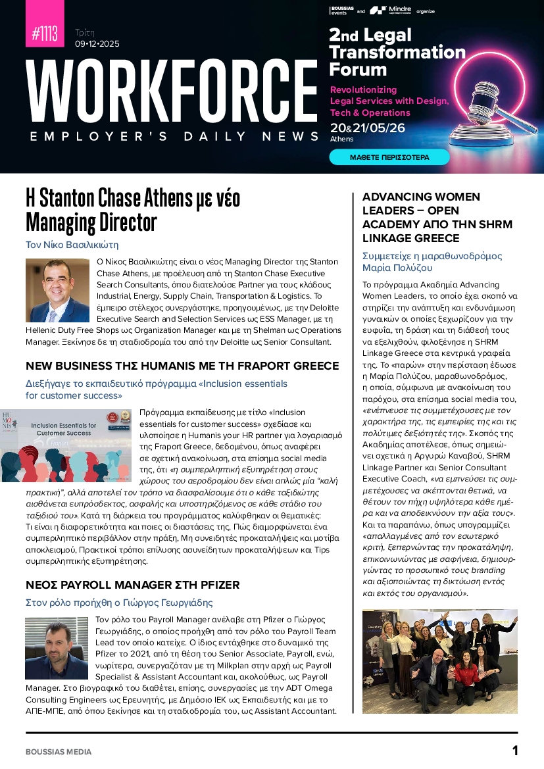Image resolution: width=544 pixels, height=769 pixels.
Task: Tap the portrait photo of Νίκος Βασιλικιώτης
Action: coord(57,290)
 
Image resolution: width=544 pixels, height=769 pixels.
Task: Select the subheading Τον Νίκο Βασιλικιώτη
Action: coord(72,245)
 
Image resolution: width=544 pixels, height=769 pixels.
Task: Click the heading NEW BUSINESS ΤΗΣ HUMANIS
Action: coord(182,366)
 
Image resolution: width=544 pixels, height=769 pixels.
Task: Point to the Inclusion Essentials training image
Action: coord(66,445)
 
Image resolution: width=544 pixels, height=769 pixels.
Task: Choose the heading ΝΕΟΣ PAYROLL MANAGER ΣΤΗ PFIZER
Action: coord(132,585)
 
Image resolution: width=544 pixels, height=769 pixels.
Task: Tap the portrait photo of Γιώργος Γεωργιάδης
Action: coord(57,648)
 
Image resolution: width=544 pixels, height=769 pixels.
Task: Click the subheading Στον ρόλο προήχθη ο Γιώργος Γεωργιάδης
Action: coord(119,602)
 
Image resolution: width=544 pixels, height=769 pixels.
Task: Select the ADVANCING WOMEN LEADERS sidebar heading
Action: coord(422,217)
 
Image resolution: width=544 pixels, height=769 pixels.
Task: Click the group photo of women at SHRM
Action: coord(439,661)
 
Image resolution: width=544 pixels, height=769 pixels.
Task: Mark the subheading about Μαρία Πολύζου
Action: coord(432,262)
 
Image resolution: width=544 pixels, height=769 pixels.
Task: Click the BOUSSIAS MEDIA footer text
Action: coord(59,751)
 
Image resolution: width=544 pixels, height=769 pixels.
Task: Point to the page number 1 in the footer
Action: coord(515,751)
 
